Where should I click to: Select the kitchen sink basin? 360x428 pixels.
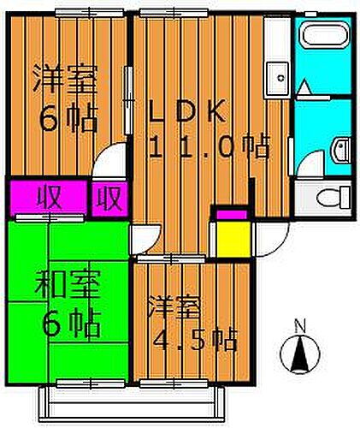click(277, 78)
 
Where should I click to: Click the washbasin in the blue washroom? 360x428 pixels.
click(341, 151)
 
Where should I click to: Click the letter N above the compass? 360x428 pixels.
click(300, 326)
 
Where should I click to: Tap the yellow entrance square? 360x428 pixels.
click(233, 239)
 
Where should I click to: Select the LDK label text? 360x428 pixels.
click(186, 110)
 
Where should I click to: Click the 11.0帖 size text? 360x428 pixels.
click(209, 147)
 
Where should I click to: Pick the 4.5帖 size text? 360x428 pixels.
click(195, 340)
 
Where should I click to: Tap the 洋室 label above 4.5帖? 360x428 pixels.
click(174, 307)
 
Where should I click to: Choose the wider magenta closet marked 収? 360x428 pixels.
click(49, 198)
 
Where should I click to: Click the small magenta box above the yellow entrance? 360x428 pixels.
click(232, 214)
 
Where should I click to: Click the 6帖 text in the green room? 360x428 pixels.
click(72, 324)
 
